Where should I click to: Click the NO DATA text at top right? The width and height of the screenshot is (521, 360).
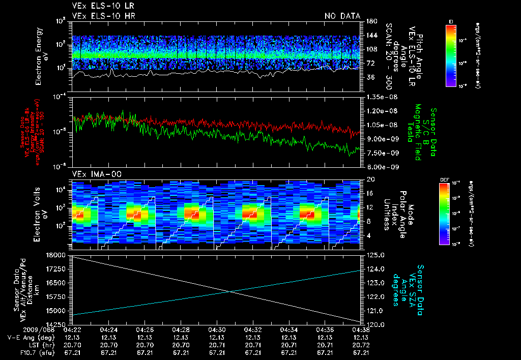pyautogui.click(x=342, y=16)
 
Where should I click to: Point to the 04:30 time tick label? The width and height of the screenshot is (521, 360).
pyautogui.click(x=217, y=330)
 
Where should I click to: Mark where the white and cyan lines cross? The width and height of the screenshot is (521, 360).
pyautogui.click(x=230, y=291)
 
